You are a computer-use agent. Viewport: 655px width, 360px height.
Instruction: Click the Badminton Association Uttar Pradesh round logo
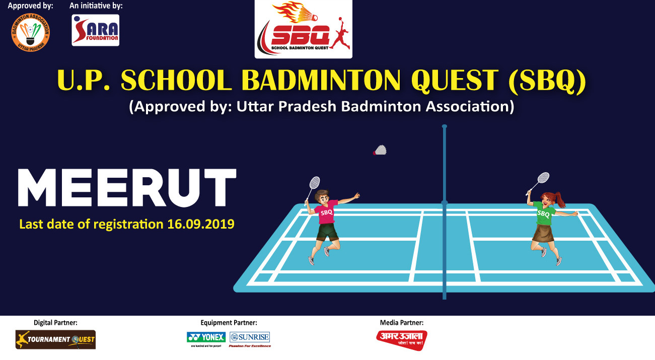(x=30, y=32)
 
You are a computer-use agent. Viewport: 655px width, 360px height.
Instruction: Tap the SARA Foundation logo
(x=96, y=30)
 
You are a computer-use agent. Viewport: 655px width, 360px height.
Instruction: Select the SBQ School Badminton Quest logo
(x=303, y=29)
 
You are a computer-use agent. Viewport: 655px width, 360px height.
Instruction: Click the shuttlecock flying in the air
(x=380, y=150)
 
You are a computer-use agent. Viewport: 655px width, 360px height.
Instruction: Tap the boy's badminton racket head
(x=314, y=182)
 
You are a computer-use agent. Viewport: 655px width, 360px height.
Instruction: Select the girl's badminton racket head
(x=543, y=178)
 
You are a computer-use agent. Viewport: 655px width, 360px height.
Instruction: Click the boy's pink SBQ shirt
(x=326, y=212)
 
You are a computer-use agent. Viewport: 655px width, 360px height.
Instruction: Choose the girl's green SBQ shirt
(x=543, y=213)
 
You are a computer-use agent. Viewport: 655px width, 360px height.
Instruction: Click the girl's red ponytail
(x=560, y=200)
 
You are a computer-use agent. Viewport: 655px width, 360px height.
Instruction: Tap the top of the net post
(x=444, y=126)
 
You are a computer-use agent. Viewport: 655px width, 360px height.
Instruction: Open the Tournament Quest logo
(x=55, y=339)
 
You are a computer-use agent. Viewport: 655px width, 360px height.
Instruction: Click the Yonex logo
(x=205, y=337)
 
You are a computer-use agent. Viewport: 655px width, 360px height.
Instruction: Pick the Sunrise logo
(x=250, y=337)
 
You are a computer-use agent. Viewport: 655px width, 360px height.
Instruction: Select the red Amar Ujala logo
(x=402, y=339)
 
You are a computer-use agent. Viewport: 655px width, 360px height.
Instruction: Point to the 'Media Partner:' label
(x=401, y=322)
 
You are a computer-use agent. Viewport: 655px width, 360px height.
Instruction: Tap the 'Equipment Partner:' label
(x=229, y=322)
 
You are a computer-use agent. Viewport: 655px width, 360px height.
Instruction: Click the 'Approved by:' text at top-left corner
(x=30, y=6)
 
